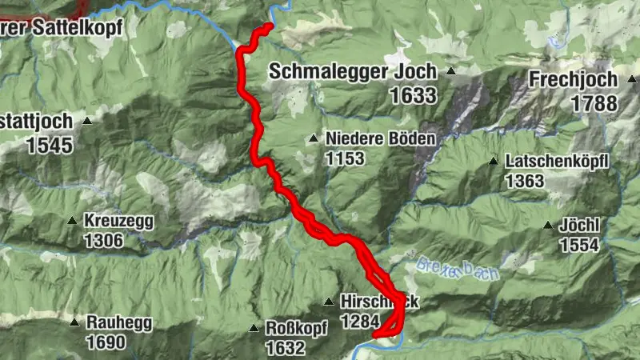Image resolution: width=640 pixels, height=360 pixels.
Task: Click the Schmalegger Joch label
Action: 353,71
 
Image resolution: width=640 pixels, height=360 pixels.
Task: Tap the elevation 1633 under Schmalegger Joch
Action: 414,96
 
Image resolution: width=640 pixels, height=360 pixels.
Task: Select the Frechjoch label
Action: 573,79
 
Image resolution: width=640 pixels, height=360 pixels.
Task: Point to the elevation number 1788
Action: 594,103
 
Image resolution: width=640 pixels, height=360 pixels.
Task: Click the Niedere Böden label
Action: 380,138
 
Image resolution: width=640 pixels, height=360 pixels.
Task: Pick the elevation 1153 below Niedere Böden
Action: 345,158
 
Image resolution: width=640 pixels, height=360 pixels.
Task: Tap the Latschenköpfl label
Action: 557,162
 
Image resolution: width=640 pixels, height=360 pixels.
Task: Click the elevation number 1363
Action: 525,182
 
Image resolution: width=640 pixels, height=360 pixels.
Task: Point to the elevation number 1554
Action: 579,246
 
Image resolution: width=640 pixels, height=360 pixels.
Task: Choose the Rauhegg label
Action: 120,323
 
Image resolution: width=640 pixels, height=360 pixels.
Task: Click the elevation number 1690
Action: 106,343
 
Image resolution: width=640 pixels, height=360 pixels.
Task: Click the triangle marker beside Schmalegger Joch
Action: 450,72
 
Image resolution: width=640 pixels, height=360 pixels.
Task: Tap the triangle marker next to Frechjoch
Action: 631,80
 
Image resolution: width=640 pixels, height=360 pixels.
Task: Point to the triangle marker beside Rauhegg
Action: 74,323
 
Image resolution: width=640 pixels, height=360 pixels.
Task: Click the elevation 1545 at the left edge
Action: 50,146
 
